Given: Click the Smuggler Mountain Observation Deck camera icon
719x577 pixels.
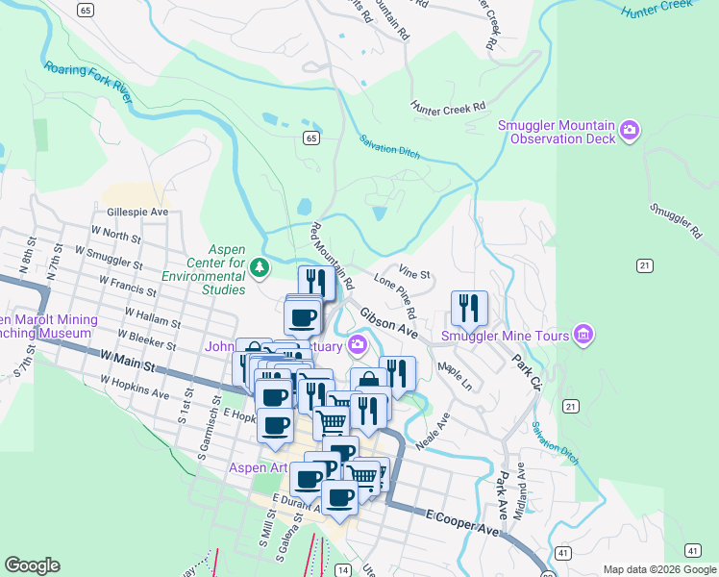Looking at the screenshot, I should (630, 130).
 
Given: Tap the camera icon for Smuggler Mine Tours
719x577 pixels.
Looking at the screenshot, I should (583, 335).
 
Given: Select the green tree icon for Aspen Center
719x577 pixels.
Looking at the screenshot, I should (258, 265).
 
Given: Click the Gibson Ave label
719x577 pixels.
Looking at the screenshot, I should (389, 322).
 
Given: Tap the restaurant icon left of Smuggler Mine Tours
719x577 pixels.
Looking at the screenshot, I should (469, 308).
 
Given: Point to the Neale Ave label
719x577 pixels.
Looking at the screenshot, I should (433, 434).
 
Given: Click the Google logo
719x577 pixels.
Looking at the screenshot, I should (32, 565).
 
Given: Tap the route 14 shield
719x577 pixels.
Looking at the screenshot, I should (342, 570).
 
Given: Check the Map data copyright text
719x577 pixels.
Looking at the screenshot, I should (657, 569).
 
